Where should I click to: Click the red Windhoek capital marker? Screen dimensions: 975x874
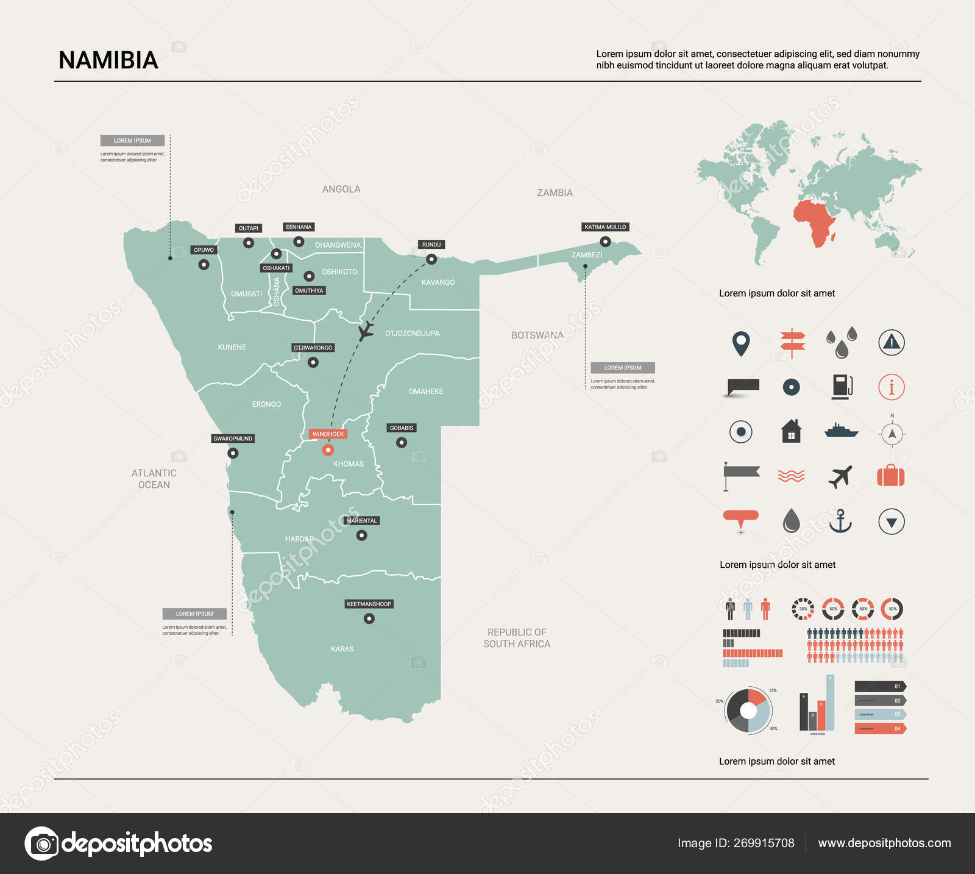pyautogui.click(x=328, y=450)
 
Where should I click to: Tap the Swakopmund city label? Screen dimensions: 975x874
pyautogui.click(x=233, y=439)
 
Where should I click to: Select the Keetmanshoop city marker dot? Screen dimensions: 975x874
pyautogui.click(x=369, y=618)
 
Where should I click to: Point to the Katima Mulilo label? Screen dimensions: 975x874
pyautogui.click(x=605, y=227)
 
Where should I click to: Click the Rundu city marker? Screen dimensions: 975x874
pyautogui.click(x=431, y=259)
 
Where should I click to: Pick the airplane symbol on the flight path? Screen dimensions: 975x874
pyautogui.click(x=366, y=331)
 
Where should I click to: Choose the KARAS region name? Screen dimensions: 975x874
pyautogui.click(x=342, y=649)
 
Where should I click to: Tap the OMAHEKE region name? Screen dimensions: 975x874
pyautogui.click(x=426, y=392)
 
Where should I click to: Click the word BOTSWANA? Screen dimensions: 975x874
pyautogui.click(x=537, y=335)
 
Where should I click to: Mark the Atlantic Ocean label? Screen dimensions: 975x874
pyautogui.click(x=154, y=479)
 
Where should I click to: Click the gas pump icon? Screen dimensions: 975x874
pyautogui.click(x=842, y=387)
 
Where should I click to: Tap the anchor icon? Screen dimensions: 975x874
pyautogui.click(x=840, y=521)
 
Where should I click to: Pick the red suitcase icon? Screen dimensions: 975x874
pyautogui.click(x=890, y=476)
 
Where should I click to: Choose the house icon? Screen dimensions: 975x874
pyautogui.click(x=791, y=431)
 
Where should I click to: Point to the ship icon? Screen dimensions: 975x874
pyautogui.click(x=841, y=431)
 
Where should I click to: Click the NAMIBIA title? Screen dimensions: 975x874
pyautogui.click(x=108, y=60)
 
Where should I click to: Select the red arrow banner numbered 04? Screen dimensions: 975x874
pyautogui.click(x=879, y=728)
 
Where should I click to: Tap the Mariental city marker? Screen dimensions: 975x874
pyautogui.click(x=361, y=536)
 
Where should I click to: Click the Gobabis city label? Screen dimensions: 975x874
pyautogui.click(x=402, y=428)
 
